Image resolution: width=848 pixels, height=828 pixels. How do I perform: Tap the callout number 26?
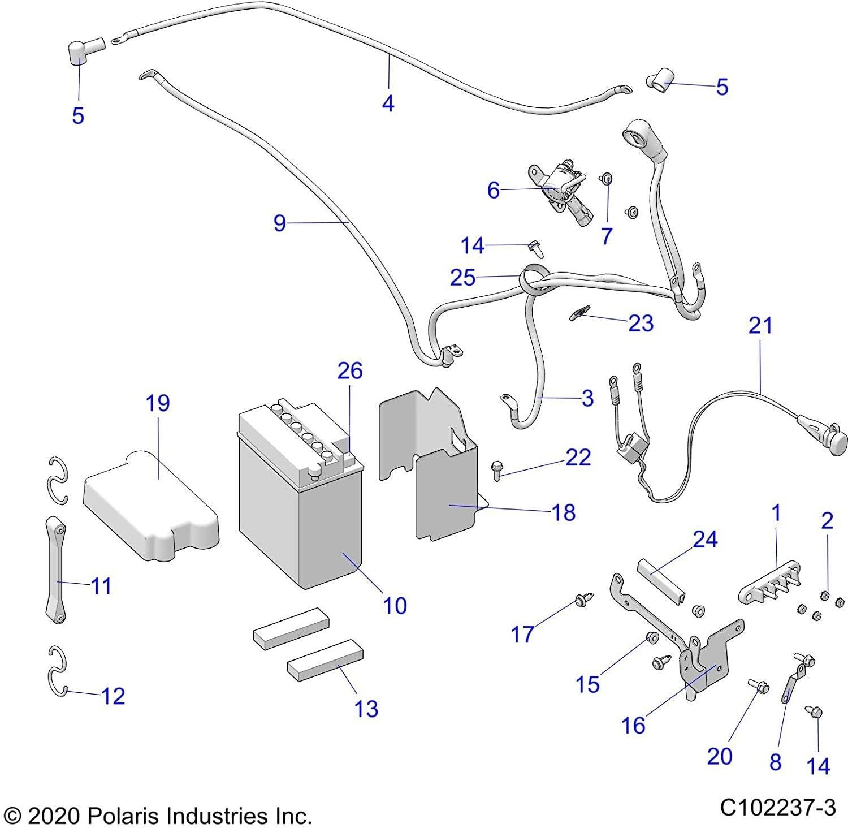(349, 371)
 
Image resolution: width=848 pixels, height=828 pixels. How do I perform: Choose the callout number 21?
(760, 326)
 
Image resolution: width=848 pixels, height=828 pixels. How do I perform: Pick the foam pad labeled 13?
(325, 661)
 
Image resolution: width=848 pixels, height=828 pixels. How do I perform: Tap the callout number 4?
(388, 103)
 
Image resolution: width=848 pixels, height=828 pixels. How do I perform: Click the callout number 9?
(280, 223)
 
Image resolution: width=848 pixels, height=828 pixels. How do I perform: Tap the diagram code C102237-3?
(777, 807)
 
